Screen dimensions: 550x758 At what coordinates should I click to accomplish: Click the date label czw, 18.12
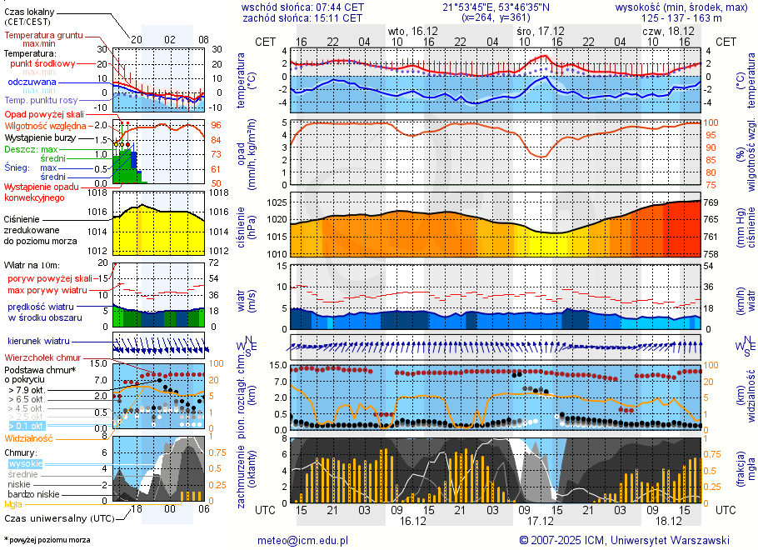663,30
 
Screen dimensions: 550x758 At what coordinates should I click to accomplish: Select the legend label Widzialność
28,437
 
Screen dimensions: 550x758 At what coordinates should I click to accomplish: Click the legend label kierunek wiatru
38,342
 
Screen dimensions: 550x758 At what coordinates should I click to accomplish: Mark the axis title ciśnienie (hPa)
247,225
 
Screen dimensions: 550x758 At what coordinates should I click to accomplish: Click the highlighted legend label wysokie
25,463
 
